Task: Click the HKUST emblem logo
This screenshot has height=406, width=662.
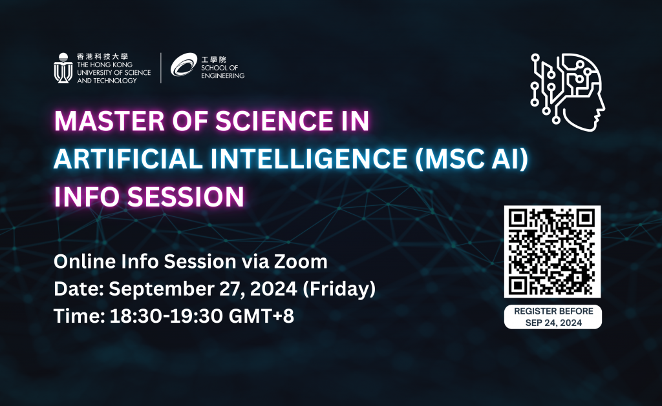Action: (x=63, y=68)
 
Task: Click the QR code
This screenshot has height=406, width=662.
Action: (x=553, y=252)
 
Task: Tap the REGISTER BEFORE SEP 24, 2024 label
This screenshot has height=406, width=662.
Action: (x=553, y=317)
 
